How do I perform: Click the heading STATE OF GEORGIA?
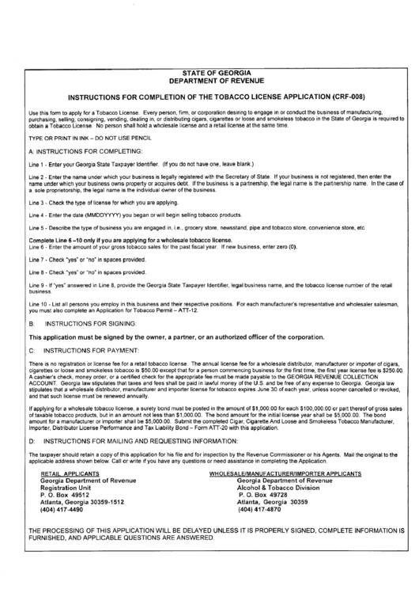[209, 72]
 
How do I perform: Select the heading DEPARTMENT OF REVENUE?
[209, 81]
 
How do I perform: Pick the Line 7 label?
[37, 259]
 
